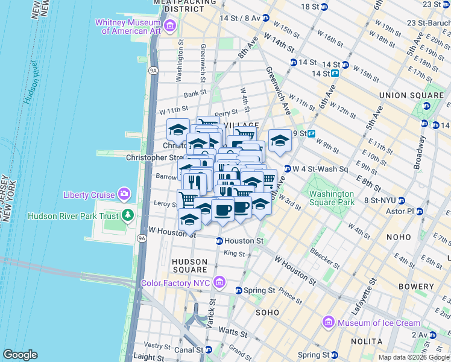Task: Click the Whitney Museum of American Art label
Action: (x=128, y=26)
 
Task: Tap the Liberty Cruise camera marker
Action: (x=124, y=194)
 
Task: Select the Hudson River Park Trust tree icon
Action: (x=127, y=215)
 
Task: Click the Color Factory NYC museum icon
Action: (x=219, y=282)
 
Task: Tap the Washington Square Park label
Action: (x=332, y=198)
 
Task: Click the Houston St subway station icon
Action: (x=220, y=241)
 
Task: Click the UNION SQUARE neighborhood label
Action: (x=411, y=95)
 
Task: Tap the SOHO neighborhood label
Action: (x=267, y=313)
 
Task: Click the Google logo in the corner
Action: (x=20, y=355)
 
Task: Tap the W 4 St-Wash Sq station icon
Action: (x=288, y=169)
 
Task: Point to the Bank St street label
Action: (x=195, y=94)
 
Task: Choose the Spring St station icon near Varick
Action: (x=238, y=291)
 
